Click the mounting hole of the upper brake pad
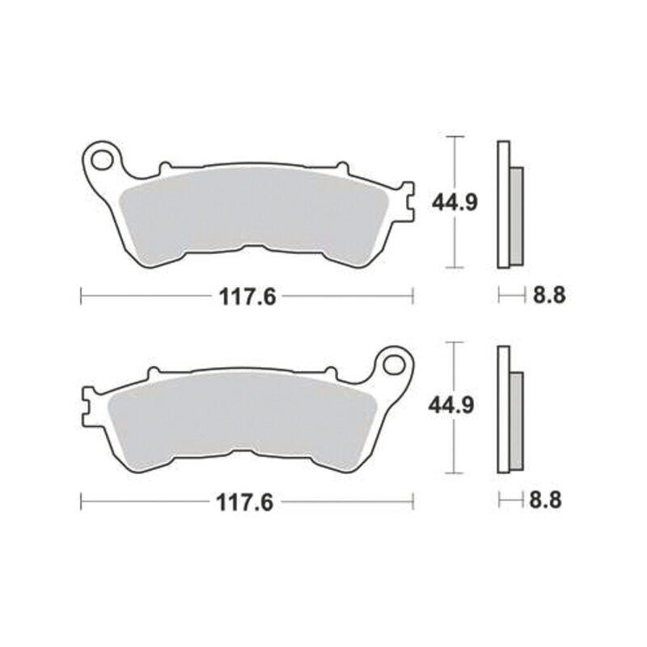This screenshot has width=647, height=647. click(102, 160)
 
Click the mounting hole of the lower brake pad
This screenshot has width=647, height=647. click(393, 365)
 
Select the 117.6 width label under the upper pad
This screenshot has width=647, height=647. click(247, 297)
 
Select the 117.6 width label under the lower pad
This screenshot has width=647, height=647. click(245, 502)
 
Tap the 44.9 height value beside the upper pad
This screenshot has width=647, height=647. click(455, 203)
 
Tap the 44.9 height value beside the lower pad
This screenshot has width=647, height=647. click(451, 406)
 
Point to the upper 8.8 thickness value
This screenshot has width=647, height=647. click(549, 295)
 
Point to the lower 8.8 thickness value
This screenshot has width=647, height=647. click(545, 501)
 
